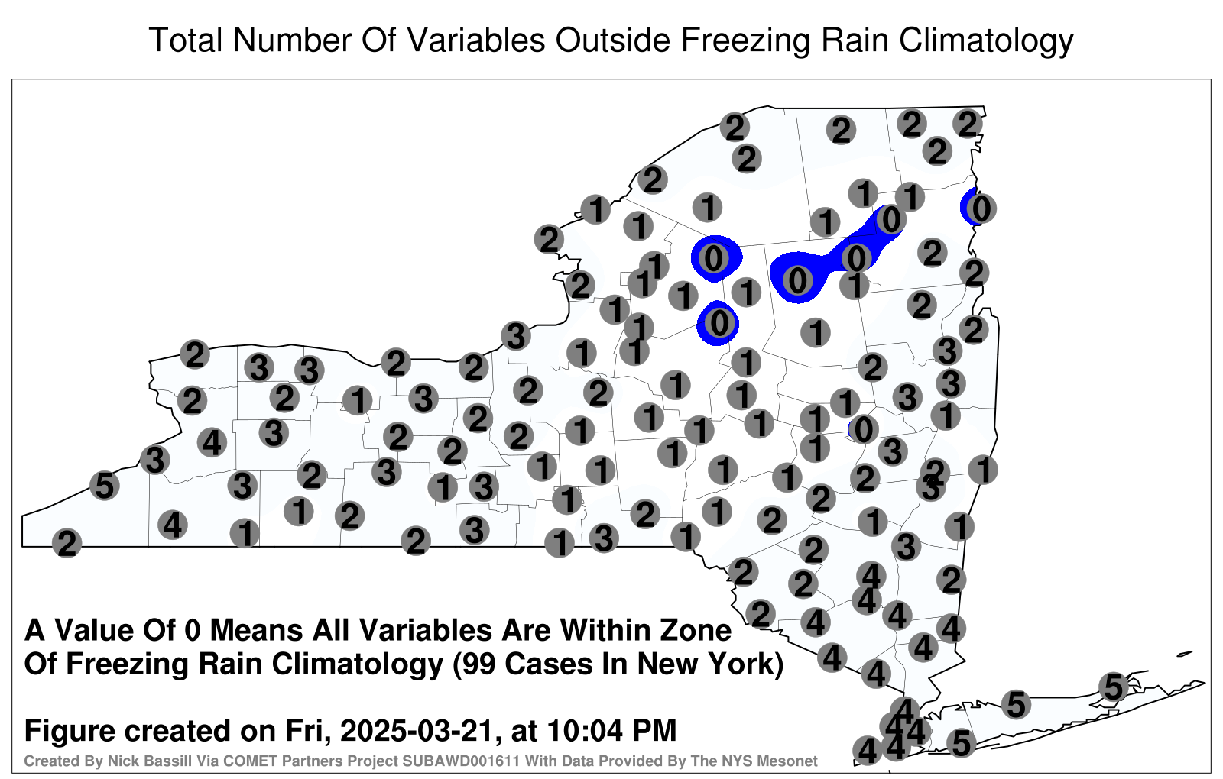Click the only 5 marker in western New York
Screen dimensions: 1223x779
click(104, 486)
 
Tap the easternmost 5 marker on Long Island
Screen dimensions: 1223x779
click(1113, 687)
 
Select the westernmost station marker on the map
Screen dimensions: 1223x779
click(67, 543)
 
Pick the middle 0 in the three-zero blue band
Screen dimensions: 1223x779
click(856, 257)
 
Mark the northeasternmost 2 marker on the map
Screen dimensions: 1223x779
click(968, 124)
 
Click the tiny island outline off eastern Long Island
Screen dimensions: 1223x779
click(1185, 654)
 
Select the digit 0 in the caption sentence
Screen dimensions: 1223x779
click(192, 630)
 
